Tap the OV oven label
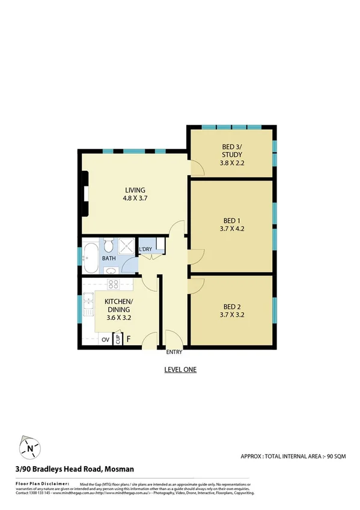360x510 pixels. (105, 339)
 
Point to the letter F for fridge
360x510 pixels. (129, 339)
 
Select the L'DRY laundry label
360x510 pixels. (145, 250)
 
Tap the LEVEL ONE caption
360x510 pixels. (180, 370)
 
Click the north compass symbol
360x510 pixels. (28, 447)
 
